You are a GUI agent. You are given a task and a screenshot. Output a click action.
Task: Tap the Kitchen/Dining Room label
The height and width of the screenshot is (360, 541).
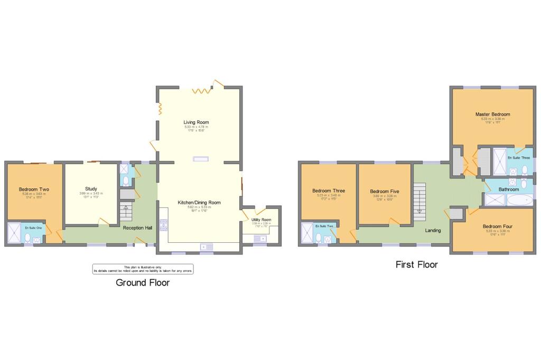pyautogui.click(x=199, y=202)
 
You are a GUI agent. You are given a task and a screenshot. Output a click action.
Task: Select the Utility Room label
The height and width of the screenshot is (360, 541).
pyautogui.click(x=261, y=220)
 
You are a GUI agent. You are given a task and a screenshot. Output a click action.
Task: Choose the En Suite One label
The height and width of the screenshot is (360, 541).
pyautogui.click(x=33, y=228)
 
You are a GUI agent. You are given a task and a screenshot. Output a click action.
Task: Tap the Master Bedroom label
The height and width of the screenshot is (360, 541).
pyautogui.click(x=492, y=114)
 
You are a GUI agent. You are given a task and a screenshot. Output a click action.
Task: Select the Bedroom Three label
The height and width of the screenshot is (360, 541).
pyautogui.click(x=329, y=191)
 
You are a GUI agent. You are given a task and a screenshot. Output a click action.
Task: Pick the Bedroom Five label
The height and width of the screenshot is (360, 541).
pyautogui.click(x=384, y=191)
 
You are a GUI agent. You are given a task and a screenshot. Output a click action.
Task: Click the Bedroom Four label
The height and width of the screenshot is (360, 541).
pyautogui.click(x=497, y=226)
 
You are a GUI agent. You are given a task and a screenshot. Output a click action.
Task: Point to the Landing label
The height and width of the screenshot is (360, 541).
pyautogui.click(x=433, y=230)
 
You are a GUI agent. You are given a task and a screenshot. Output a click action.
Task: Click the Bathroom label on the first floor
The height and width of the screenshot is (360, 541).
pyautogui.click(x=509, y=189)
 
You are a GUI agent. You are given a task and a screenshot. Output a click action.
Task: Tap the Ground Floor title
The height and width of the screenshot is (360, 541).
pyautogui.click(x=143, y=282)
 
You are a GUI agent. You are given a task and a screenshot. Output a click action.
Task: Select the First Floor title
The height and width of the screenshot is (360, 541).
pyautogui.click(x=416, y=264)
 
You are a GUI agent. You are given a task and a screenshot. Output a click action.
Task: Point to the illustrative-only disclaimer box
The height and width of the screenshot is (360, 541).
pyautogui.click(x=143, y=269)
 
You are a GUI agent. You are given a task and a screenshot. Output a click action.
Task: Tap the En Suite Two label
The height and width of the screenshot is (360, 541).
pyautogui.click(x=324, y=226)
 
